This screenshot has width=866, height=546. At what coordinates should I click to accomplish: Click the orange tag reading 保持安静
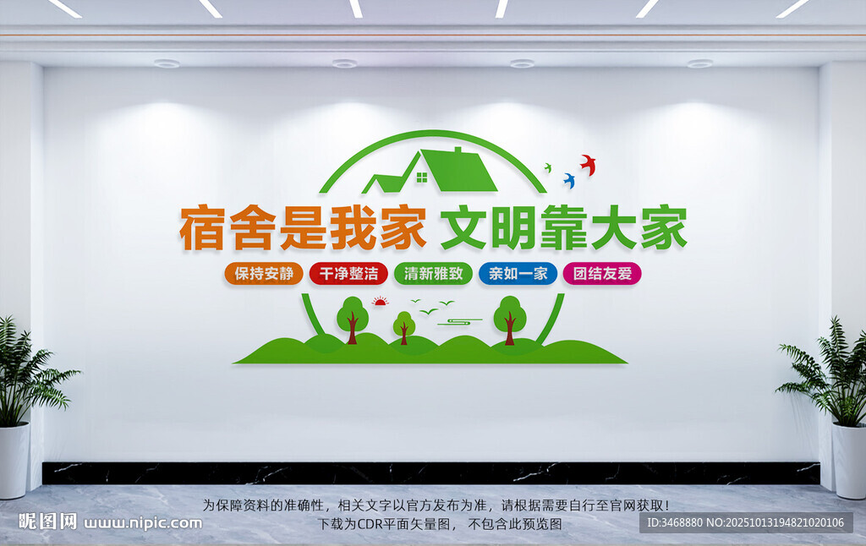263,274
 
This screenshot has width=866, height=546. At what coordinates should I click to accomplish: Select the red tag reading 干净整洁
348,274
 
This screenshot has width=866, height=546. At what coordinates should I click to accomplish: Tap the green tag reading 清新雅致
433,274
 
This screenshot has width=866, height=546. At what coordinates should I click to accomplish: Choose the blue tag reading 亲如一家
518,274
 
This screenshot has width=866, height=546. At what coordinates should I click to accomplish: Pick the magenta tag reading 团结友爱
602,274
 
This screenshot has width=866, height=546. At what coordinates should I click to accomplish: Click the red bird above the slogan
588,164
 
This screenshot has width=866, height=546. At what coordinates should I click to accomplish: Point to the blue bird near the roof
569,180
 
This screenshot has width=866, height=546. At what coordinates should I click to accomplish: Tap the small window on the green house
422,177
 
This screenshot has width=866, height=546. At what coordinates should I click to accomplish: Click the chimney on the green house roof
458,152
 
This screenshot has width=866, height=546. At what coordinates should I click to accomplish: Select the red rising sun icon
381,301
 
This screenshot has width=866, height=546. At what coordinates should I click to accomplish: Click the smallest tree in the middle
404,325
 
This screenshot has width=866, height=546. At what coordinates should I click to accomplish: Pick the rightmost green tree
509,316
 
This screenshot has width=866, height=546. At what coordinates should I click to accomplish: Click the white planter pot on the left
14,460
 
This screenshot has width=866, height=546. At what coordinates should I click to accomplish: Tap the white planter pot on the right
849,460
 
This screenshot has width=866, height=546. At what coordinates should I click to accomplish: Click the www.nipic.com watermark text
142,522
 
